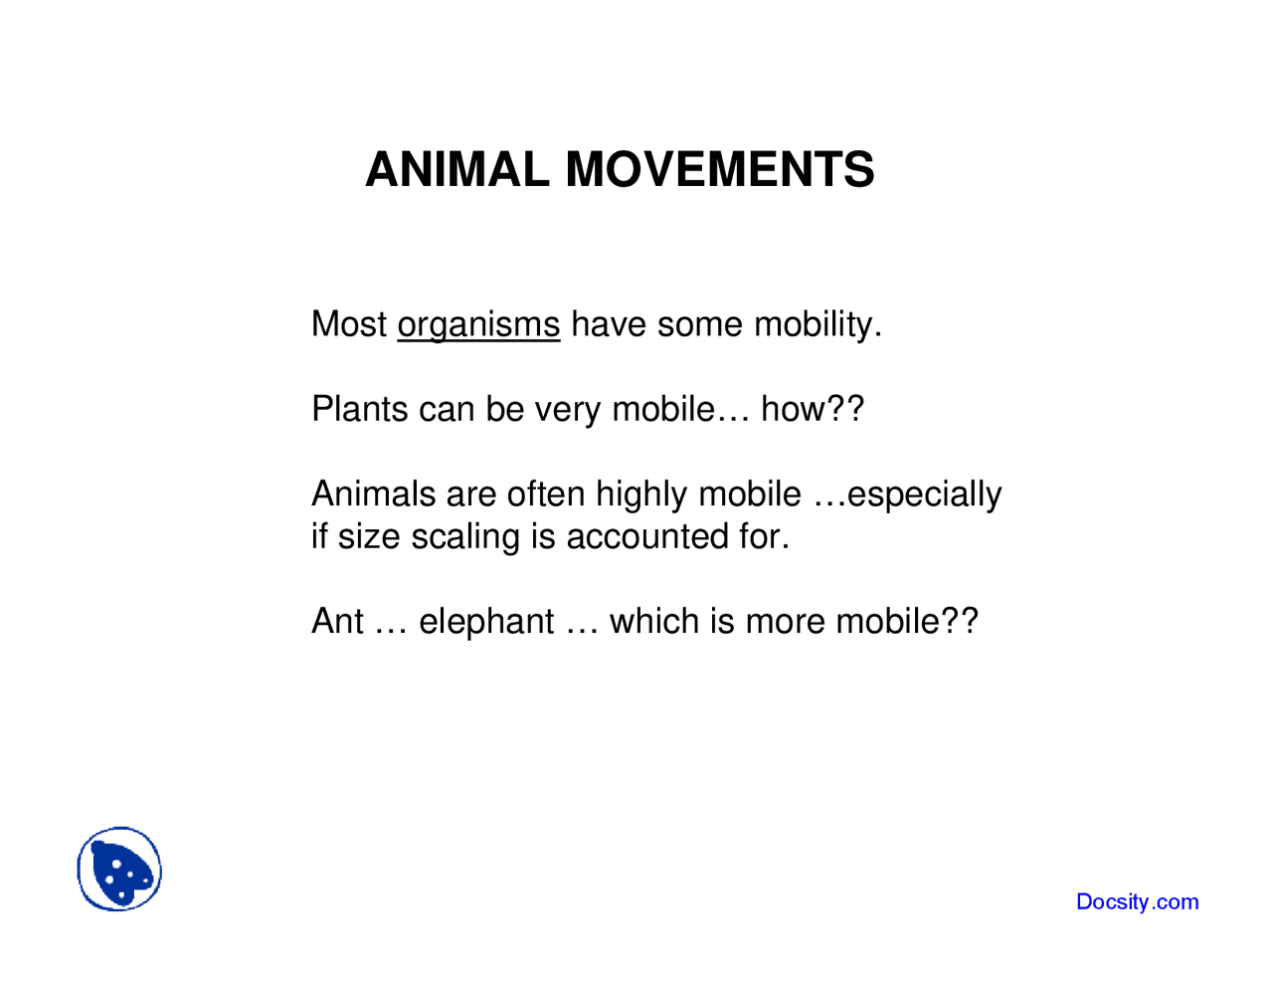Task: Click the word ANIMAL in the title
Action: (x=456, y=170)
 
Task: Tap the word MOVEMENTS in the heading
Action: (x=720, y=170)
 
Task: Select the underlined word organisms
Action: (x=478, y=325)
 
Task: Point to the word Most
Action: (x=349, y=324)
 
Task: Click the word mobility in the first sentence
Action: (x=818, y=325)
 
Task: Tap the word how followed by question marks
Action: (x=812, y=409)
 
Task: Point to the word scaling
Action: (x=465, y=537)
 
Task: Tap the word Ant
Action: (x=337, y=621)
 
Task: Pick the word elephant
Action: (x=486, y=622)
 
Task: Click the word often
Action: (x=546, y=493)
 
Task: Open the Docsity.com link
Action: (x=1137, y=901)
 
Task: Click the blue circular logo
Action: (x=119, y=870)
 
